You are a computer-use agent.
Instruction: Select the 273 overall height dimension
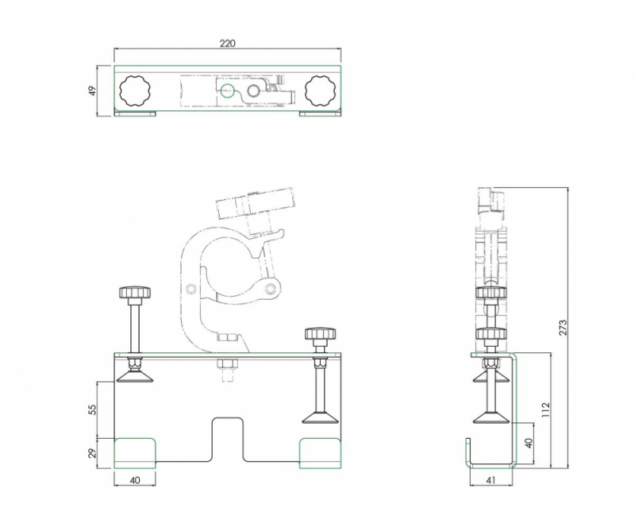click(x=564, y=328)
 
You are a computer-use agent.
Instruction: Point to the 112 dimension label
click(x=545, y=410)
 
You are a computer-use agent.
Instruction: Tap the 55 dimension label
click(x=92, y=409)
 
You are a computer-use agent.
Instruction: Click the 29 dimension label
click(x=92, y=453)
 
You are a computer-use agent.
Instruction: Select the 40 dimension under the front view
click(x=134, y=480)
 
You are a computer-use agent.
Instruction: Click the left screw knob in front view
click(x=136, y=293)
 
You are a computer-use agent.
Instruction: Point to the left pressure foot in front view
click(x=135, y=375)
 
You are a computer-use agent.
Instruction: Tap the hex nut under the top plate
click(x=226, y=366)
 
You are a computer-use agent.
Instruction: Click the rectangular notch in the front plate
click(x=227, y=440)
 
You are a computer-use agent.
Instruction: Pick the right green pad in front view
click(x=321, y=452)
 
